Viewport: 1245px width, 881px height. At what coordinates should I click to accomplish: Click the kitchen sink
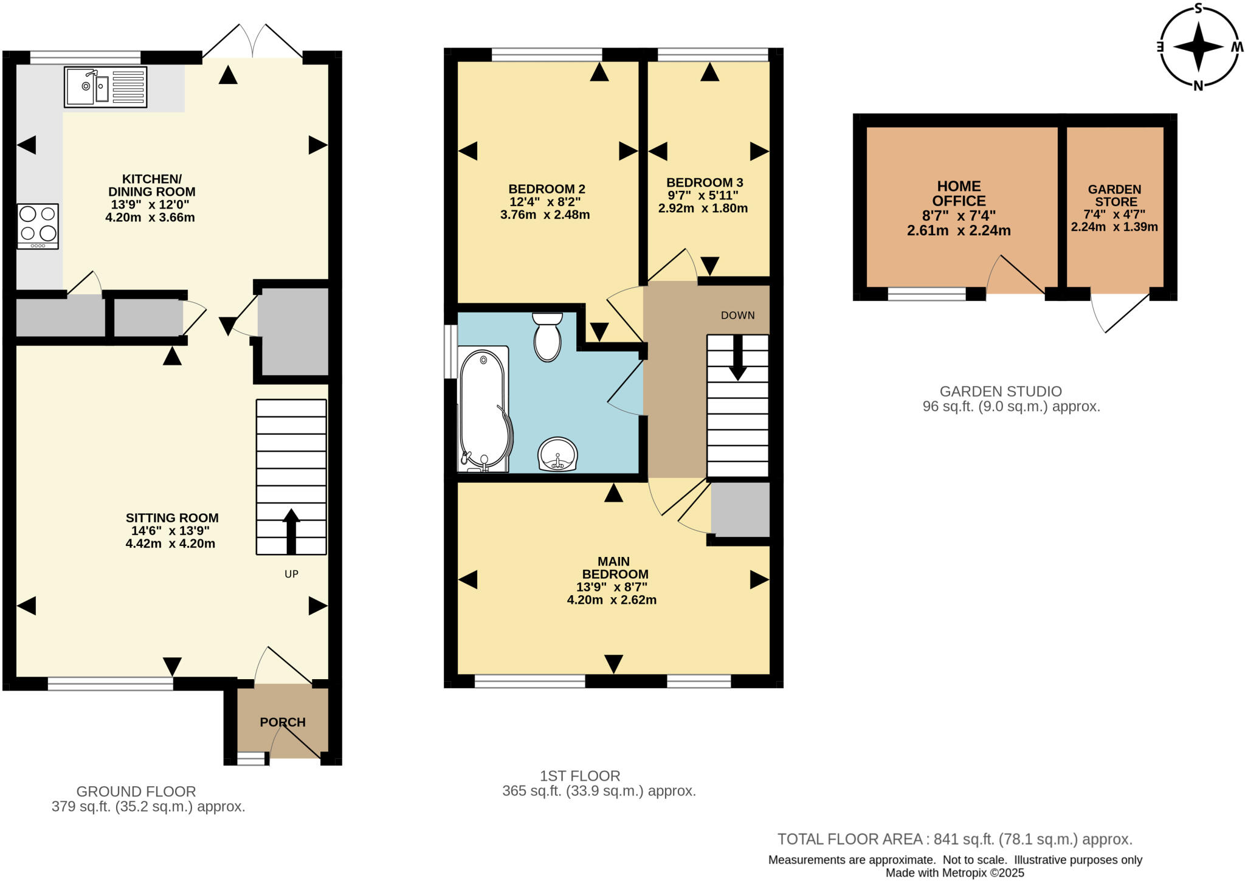(105, 87)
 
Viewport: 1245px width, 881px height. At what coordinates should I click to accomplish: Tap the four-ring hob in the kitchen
(38, 226)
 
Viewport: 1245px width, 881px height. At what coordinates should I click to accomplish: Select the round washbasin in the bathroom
(557, 454)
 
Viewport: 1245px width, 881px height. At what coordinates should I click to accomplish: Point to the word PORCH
(282, 722)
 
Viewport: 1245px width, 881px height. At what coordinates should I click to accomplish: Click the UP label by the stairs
(291, 574)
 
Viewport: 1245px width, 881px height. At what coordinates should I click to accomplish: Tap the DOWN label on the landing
(737, 315)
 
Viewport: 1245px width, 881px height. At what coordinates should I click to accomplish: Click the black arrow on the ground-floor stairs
(291, 530)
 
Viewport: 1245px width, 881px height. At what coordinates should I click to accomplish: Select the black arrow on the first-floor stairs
(738, 359)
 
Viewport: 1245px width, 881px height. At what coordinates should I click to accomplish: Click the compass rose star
(1198, 47)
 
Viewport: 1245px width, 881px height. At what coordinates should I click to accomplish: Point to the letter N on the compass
(1198, 86)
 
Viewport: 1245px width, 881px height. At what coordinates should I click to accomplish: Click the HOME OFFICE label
(959, 193)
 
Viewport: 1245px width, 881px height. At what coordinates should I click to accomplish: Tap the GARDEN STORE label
(1115, 195)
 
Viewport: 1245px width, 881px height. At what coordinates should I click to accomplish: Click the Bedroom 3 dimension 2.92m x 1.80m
(703, 209)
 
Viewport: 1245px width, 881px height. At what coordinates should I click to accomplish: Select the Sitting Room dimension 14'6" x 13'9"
(170, 531)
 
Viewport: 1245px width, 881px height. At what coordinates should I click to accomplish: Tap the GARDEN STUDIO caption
(1001, 392)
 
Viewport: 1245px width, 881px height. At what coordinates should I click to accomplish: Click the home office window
(926, 295)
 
